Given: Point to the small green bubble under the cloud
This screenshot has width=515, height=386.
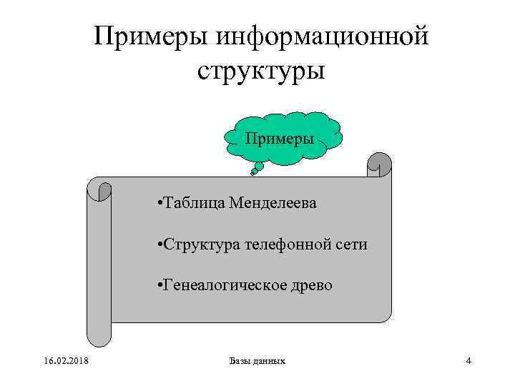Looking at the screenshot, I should pyautogui.click(x=257, y=167).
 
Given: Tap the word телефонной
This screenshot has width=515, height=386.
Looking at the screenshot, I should pyautogui.click(x=290, y=244).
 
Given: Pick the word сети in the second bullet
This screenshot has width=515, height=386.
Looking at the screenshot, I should pyautogui.click(x=353, y=244).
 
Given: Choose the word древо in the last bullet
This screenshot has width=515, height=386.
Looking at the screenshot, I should pyautogui.click(x=311, y=285).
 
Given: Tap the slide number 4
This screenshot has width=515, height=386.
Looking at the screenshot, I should pyautogui.click(x=468, y=361).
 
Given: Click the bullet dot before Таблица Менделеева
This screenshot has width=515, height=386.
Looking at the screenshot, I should pyautogui.click(x=157, y=204).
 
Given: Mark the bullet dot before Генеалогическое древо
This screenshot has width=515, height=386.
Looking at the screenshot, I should pyautogui.click(x=157, y=286).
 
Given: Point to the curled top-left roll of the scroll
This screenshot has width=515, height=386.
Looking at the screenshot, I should pyautogui.click(x=100, y=190).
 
